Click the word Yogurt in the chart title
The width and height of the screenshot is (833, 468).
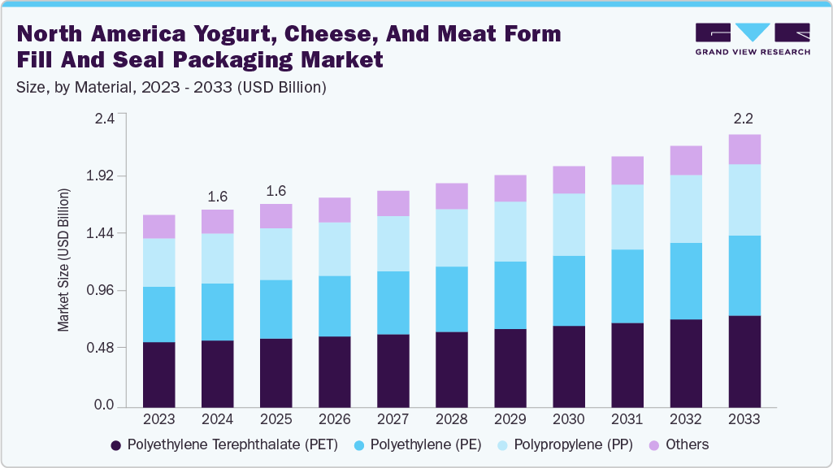point(219,34)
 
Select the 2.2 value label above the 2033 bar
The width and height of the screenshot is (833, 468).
point(744,119)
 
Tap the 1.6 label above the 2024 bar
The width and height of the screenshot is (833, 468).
point(217,196)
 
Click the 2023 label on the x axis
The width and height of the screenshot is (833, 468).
point(158,419)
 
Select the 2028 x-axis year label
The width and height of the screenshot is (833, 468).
point(451,419)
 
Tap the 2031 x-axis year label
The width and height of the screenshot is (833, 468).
point(627,419)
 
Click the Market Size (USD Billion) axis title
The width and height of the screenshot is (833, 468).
point(63,260)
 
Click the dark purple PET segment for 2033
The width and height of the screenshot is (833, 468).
point(744,361)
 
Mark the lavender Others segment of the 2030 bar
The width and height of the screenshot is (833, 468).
point(568,180)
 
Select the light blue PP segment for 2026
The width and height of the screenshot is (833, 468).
point(334,249)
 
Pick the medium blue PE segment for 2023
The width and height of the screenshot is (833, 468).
point(158,314)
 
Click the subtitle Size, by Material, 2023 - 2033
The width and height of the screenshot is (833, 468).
point(171,88)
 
